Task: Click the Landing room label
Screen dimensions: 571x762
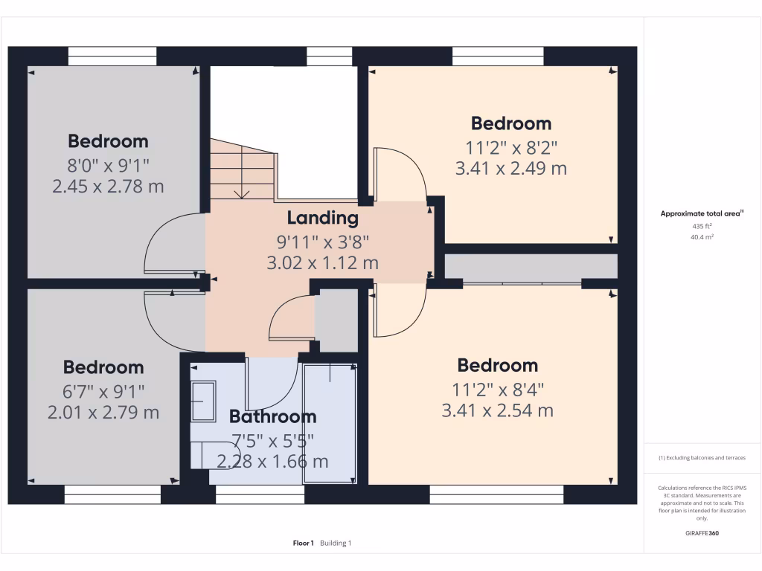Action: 323,218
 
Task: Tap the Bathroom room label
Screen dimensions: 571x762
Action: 272,416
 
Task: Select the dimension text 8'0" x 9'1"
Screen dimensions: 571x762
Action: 108,164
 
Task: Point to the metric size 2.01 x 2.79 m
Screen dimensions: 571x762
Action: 103,412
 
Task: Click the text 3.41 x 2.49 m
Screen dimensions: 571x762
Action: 511,169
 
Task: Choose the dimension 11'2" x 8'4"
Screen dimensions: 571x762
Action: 498,388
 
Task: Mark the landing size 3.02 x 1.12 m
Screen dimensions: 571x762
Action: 323,262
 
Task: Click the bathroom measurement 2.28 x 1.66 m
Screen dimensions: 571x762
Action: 272,461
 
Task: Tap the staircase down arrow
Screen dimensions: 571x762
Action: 242,194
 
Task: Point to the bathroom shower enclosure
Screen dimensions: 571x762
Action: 330,422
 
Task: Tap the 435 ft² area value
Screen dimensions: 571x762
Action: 702,225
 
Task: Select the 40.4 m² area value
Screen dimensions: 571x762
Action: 702,237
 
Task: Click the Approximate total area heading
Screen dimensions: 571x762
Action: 702,213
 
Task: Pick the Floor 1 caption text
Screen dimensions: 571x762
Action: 304,543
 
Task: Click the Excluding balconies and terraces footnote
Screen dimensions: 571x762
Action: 702,458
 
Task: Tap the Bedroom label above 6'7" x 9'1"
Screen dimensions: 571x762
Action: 103,367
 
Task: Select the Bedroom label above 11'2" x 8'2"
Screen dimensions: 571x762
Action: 511,123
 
